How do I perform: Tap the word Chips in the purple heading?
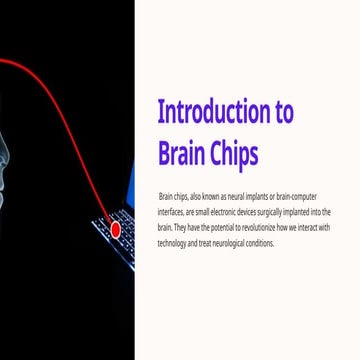point(231,152)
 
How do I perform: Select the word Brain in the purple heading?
point(180,152)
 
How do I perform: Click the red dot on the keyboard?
point(115,230)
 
